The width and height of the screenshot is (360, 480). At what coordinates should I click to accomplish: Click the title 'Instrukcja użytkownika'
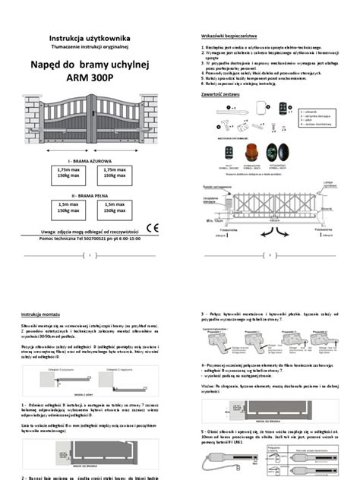pyautogui.click(x=90, y=37)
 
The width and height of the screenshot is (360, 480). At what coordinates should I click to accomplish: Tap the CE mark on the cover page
pyautogui.click(x=152, y=226)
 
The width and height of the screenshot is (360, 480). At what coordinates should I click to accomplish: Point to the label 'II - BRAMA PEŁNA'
pyautogui.click(x=90, y=194)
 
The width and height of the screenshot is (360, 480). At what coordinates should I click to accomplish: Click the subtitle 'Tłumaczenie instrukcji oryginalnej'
pyautogui.click(x=90, y=46)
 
